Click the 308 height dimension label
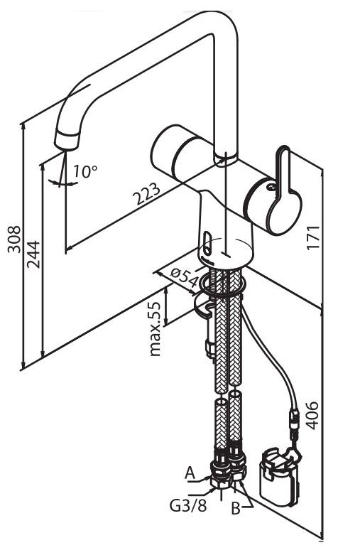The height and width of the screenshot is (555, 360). coord(14,239)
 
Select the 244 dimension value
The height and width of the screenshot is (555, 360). coord(34,254)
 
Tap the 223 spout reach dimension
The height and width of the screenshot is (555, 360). coord(146,194)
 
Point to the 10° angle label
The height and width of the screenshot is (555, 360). coord(85,172)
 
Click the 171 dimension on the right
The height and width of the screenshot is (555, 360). coord(313,237)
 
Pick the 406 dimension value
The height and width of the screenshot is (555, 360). coord(312,415)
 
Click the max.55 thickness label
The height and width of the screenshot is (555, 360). coord(156,329)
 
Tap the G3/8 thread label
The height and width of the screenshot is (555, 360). coord(187,506)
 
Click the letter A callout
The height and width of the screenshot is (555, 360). coord(190,473)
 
